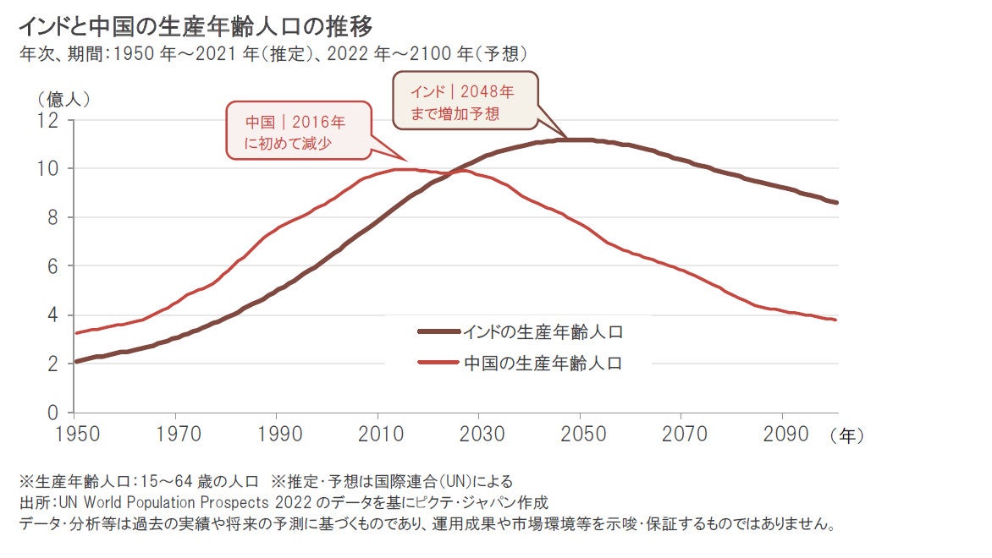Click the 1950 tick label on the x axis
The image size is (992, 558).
(x=75, y=434)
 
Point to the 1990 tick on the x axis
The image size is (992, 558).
(x=278, y=434)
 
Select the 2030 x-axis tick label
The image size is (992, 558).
(x=480, y=434)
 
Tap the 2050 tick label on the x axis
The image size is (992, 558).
(x=581, y=434)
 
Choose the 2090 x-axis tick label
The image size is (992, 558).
(x=783, y=434)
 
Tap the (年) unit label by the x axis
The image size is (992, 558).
(x=847, y=435)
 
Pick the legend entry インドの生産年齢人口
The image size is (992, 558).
(x=543, y=331)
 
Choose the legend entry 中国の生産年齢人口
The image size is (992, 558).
(x=543, y=364)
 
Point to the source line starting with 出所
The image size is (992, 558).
(x=284, y=503)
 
